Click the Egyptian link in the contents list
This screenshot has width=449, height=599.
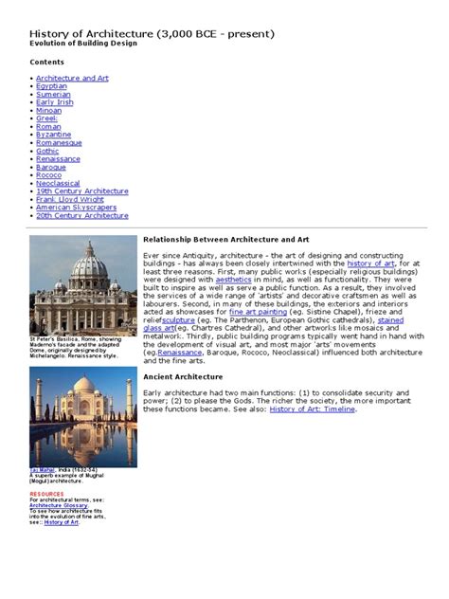click(52, 85)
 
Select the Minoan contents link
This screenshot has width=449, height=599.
click(48, 110)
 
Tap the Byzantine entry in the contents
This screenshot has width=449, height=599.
click(53, 135)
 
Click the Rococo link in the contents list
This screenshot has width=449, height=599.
click(49, 175)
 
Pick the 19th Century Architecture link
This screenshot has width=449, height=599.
click(82, 191)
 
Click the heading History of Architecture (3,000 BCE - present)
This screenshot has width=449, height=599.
click(153, 34)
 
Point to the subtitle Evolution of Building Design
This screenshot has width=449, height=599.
click(83, 44)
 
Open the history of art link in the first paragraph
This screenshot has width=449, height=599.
click(372, 263)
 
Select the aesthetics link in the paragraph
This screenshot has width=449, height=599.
click(234, 280)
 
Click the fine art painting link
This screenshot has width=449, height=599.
click(257, 312)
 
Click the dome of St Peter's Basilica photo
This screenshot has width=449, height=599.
click(84, 263)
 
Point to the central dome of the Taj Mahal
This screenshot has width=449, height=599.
click(83, 390)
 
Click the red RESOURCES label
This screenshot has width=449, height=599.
click(47, 494)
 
